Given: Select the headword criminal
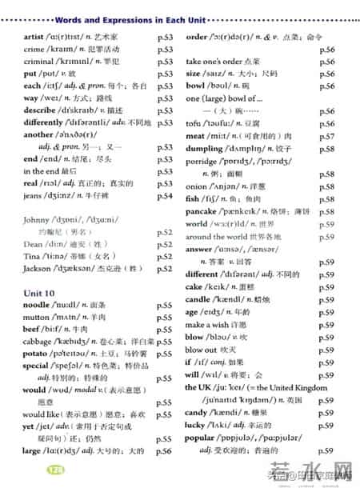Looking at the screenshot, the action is click(x=40, y=60).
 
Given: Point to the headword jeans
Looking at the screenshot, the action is click(x=34, y=196).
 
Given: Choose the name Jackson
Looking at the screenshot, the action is click(x=40, y=269).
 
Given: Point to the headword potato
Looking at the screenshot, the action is click(x=38, y=352).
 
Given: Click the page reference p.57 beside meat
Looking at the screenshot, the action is click(x=326, y=137).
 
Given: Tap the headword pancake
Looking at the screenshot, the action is click(x=203, y=212).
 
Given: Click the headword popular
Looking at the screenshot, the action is click(x=204, y=439).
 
